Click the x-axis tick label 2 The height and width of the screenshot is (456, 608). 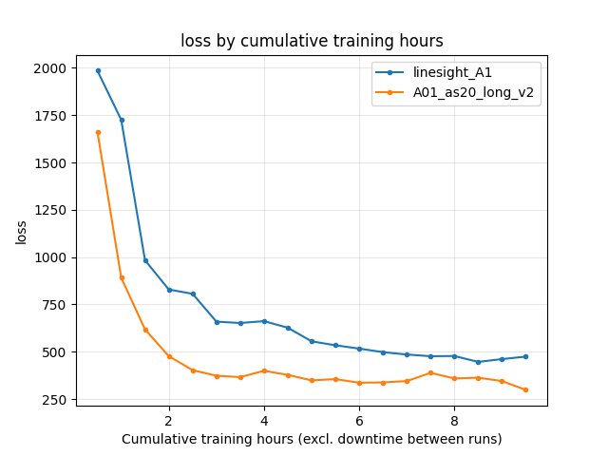pyautogui.click(x=169, y=421)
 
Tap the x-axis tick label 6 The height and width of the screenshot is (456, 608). pyautogui.click(x=359, y=421)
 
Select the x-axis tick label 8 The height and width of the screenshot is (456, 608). pyautogui.click(x=454, y=421)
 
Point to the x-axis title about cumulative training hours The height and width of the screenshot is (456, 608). pyautogui.click(x=311, y=439)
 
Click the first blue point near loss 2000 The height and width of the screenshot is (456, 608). pyautogui.click(x=98, y=70)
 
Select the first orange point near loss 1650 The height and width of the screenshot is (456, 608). pyautogui.click(x=98, y=132)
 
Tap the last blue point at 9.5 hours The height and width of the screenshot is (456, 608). pyautogui.click(x=525, y=356)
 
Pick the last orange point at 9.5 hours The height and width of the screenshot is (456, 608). pyautogui.click(x=525, y=389)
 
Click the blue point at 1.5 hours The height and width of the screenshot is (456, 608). pyautogui.click(x=145, y=260)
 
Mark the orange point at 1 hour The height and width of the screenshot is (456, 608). pyautogui.click(x=122, y=277)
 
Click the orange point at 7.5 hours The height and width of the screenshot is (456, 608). pyautogui.click(x=430, y=372)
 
